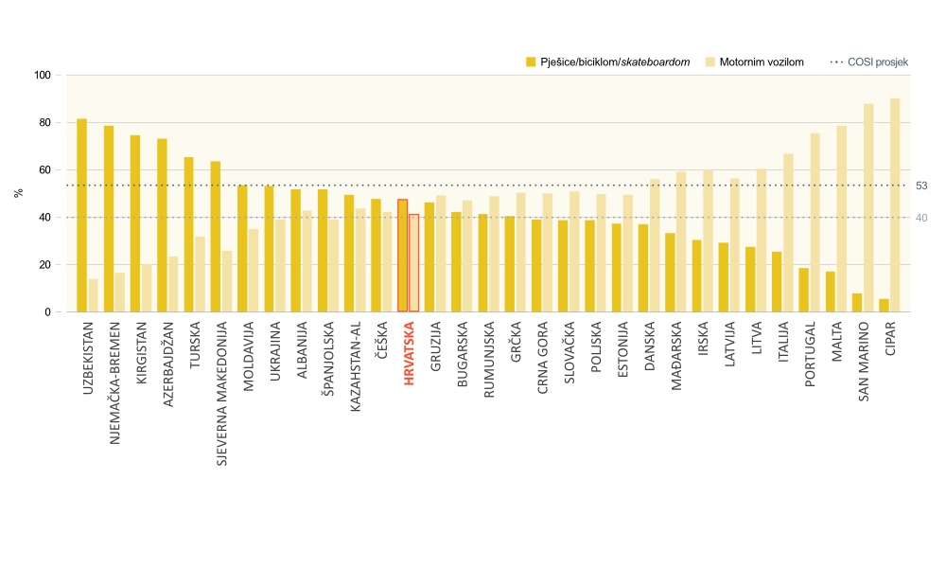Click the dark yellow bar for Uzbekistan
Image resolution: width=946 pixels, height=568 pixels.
click(81, 216)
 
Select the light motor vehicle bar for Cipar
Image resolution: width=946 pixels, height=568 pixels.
click(895, 205)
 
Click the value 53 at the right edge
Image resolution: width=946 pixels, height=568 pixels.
click(921, 186)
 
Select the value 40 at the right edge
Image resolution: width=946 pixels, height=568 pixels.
click(921, 218)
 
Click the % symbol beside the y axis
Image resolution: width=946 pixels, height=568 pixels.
click(18, 193)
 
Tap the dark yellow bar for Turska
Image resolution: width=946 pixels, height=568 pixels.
click(188, 235)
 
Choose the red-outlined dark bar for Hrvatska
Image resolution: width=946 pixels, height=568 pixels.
click(402, 256)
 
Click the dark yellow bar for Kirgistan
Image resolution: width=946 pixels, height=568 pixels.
click(135, 224)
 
